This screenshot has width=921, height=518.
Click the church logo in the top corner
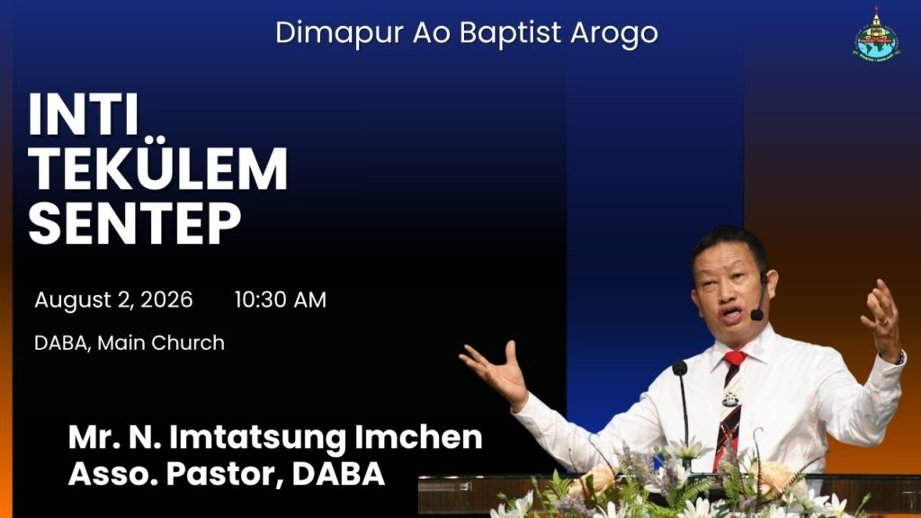pyautogui.click(x=876, y=33)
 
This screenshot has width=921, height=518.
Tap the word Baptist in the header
pyautogui.click(x=510, y=33)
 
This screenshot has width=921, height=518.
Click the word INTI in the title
pyautogui.click(x=84, y=114)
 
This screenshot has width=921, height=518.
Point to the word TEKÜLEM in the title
pyautogui.click(x=158, y=168)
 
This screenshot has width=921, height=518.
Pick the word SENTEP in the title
pyautogui.click(x=135, y=223)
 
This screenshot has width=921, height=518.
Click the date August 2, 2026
pyautogui.click(x=113, y=299)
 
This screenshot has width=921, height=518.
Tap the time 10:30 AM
pyautogui.click(x=281, y=299)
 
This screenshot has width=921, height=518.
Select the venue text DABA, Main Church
pyautogui.click(x=130, y=343)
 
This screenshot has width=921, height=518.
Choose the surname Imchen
pyautogui.click(x=418, y=437)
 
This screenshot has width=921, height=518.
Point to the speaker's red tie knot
pyautogui.click(x=734, y=358)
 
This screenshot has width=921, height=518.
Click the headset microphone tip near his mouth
pyautogui.click(x=756, y=315)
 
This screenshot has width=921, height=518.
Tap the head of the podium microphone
pyautogui.click(x=680, y=368)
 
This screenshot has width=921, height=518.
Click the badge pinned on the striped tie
pyautogui.click(x=730, y=399)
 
